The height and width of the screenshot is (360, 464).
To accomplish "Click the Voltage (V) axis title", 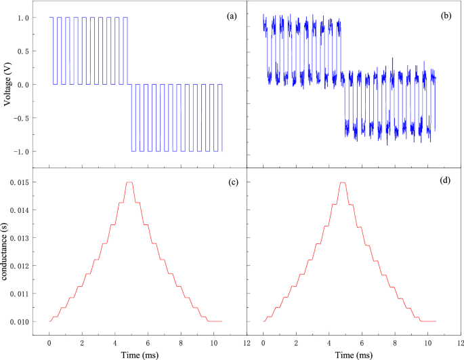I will pos(7,85).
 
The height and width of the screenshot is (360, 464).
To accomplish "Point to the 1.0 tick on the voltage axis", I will pos(24,18).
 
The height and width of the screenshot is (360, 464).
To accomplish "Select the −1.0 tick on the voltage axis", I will pos(21,151).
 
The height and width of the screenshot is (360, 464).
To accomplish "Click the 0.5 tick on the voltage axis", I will pos(24,52).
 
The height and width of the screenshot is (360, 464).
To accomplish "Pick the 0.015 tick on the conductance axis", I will pos(20,182).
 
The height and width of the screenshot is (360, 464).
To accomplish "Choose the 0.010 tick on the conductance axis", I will pos(20,321).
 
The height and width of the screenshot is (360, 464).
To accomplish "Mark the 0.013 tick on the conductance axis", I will pos(20,238).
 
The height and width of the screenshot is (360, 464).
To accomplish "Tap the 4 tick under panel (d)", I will pos(329,341).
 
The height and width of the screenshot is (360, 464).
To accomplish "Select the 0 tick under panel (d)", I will pos(263,341).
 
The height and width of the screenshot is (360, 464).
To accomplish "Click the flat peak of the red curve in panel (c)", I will pos(129,182).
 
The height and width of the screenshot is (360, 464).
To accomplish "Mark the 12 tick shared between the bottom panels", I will pos(247,341).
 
